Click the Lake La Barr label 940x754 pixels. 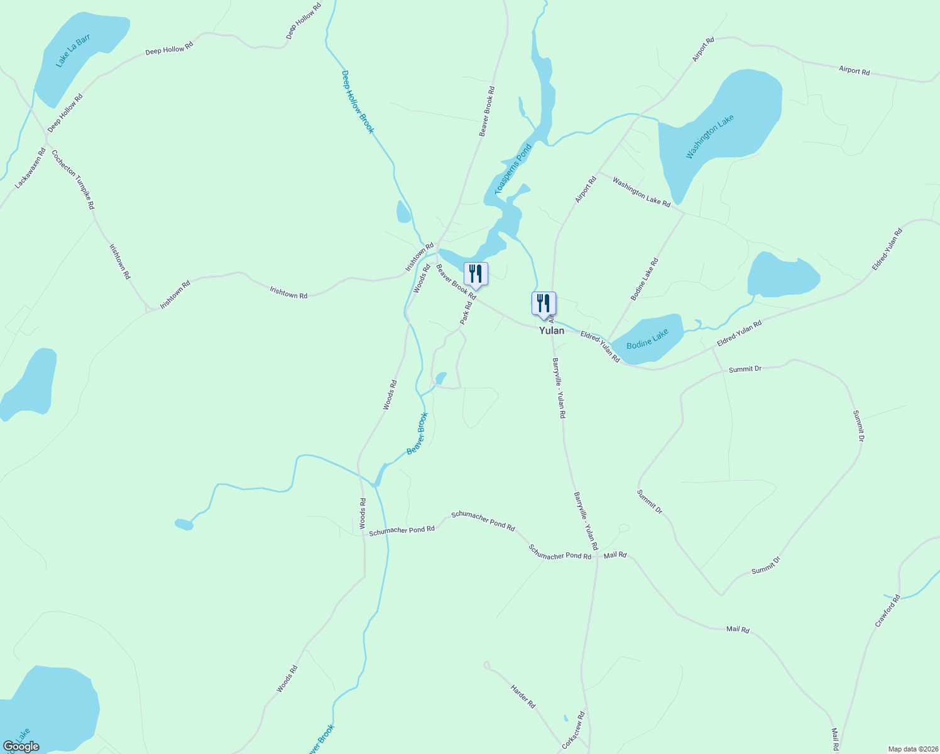(73, 50)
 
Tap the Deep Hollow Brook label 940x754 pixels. (357, 102)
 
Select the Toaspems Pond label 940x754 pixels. (513, 168)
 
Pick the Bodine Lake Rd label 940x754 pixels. (644, 279)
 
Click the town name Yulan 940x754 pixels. (551, 331)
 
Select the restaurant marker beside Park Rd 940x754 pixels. (476, 274)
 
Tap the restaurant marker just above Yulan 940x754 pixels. (544, 303)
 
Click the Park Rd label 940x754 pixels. (466, 314)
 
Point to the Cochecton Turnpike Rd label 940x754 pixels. (73, 179)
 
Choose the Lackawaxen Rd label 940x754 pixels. (31, 168)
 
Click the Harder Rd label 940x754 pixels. (523, 696)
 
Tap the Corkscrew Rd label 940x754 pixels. (574, 729)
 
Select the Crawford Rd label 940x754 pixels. (887, 611)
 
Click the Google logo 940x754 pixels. (21, 746)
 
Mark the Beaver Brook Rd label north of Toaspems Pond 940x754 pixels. (487, 111)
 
